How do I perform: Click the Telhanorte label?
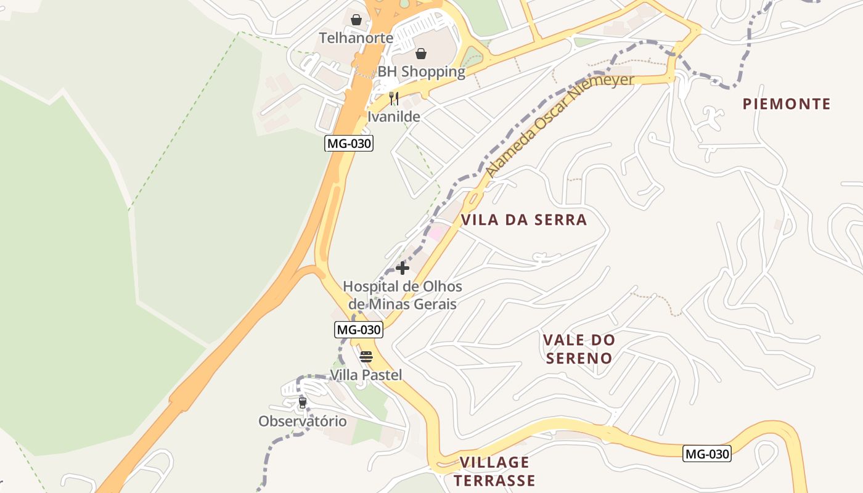point(356,38)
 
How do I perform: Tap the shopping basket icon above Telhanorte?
point(356,20)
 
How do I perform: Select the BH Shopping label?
point(421,71)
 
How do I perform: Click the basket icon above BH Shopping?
point(421,54)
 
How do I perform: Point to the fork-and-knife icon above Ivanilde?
point(394,99)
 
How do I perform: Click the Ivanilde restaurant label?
point(394,116)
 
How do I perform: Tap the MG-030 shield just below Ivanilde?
point(349,144)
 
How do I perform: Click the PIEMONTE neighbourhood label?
point(787,104)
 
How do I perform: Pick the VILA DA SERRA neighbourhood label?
point(524,220)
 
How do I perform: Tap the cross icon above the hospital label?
point(403,268)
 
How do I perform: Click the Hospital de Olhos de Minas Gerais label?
point(403,295)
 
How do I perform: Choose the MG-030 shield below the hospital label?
point(358,330)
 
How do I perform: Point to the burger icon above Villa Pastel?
point(366,357)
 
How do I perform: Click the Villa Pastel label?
point(366,375)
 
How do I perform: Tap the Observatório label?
point(302,422)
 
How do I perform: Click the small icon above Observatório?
point(302,403)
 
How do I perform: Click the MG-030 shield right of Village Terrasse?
point(707,454)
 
